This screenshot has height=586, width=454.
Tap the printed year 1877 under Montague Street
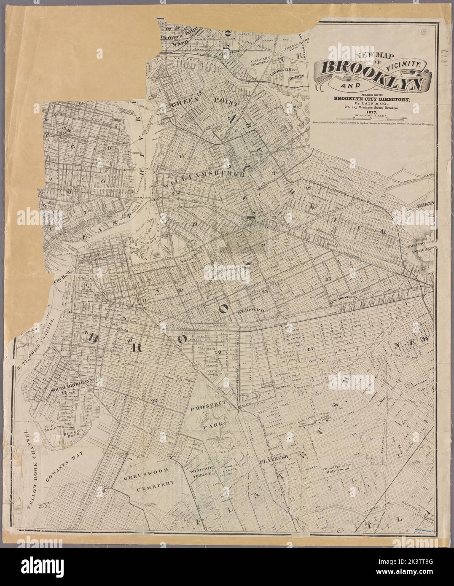371,113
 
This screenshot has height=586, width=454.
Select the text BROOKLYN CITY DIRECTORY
371,99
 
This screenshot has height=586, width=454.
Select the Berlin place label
296,78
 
